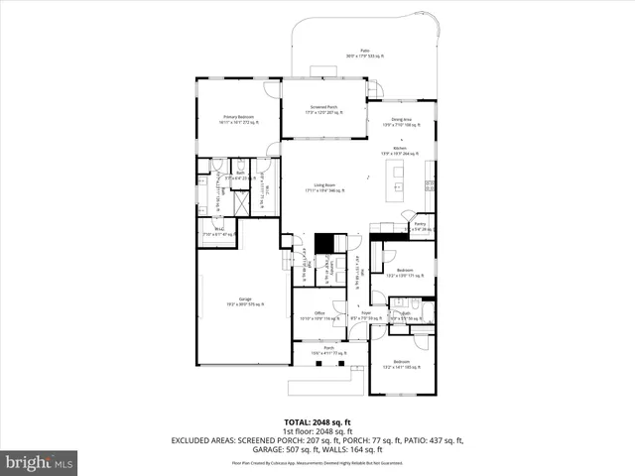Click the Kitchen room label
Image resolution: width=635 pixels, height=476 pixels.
pyautogui.click(x=401, y=152)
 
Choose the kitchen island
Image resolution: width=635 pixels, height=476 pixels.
pyautogui.click(x=398, y=180)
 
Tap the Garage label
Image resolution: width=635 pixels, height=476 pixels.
pyautogui.click(x=244, y=300)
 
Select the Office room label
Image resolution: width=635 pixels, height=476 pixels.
pyautogui.click(x=319, y=315)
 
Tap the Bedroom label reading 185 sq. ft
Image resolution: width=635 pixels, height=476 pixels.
pyautogui.click(x=401, y=364)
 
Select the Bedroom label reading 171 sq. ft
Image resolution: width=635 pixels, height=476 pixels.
pyautogui.click(x=404, y=272)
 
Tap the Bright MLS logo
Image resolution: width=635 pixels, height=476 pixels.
pyautogui.click(x=40, y=461)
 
